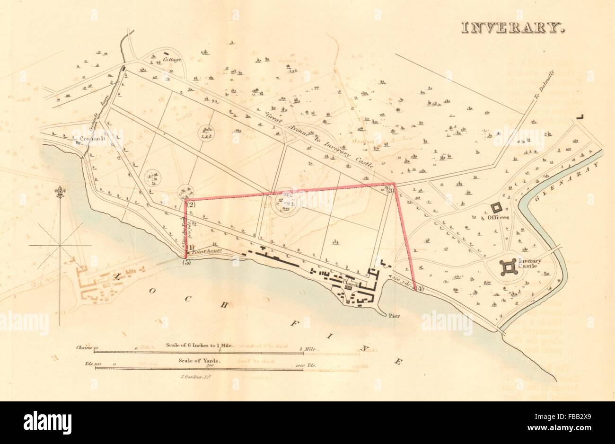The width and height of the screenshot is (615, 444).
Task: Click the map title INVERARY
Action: (513, 27)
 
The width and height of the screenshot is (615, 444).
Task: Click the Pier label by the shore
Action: (395, 314)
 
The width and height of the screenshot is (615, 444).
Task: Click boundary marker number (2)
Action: (191, 205)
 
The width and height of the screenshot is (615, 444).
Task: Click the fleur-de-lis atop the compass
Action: (60, 192)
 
